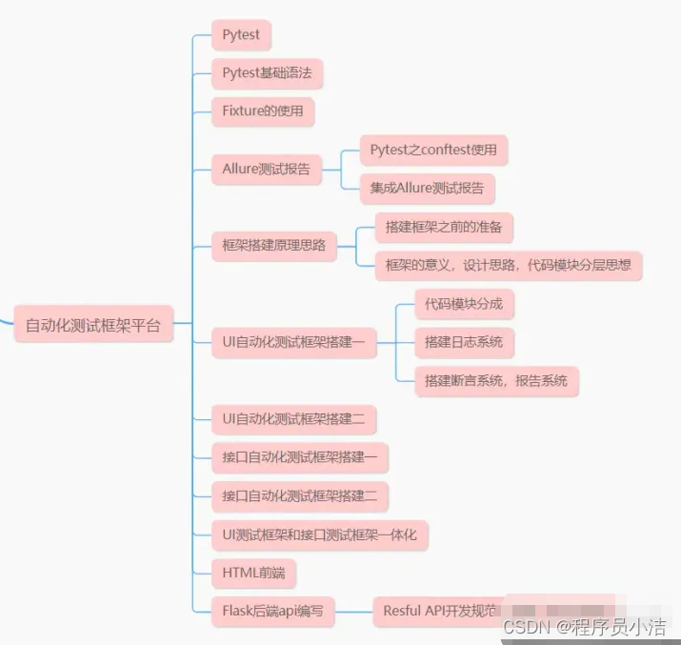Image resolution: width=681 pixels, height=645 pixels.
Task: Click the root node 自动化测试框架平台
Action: pos(92,326)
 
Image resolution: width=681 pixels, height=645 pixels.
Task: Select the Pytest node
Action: pos(241,35)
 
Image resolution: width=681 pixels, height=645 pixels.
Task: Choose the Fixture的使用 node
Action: pos(263,111)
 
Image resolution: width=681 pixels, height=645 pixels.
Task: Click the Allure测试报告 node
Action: pos(266,169)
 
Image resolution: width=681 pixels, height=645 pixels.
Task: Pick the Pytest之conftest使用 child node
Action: pos(433,150)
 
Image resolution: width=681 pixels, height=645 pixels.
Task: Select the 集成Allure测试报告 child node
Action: pos(427,188)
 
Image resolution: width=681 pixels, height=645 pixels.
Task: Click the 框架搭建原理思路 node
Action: pos(273,246)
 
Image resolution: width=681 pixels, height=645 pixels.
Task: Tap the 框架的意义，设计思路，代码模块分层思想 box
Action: pos(508,265)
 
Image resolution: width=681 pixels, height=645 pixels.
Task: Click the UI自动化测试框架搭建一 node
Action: pos(293,341)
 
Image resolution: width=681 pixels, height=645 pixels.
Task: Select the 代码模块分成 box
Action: pos(464,304)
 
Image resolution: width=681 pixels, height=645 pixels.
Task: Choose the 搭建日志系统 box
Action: pos(464,341)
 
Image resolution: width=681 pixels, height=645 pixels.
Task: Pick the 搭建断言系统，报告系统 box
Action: pos(496,380)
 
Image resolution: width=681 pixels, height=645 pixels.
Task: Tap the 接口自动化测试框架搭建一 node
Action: pos(299,457)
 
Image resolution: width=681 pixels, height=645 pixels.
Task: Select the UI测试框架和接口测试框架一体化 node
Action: pos(319,534)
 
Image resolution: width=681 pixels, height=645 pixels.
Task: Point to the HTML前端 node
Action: pos(253,573)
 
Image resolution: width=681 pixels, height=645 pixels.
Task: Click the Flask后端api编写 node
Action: pos(273,611)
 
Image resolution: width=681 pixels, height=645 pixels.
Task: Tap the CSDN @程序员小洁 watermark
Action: pos(584,626)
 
